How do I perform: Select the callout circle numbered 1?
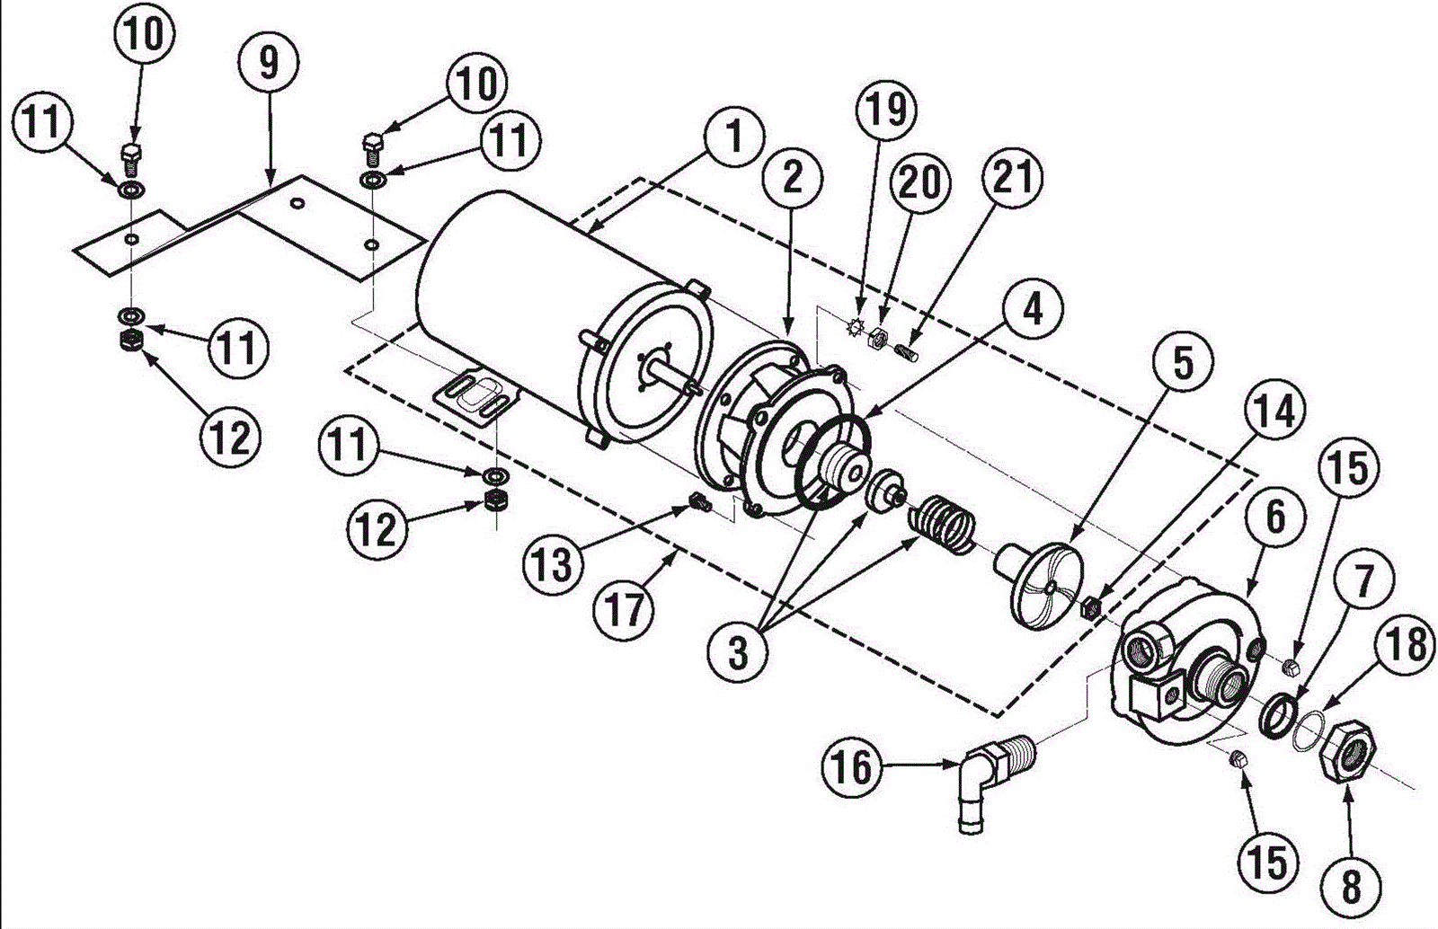tap(733, 136)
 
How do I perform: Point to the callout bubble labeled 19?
tap(886, 109)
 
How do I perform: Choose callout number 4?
tap(1032, 310)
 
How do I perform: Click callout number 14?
tap(1275, 411)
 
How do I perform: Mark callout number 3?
tap(738, 654)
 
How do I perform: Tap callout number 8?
tap(1352, 887)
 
